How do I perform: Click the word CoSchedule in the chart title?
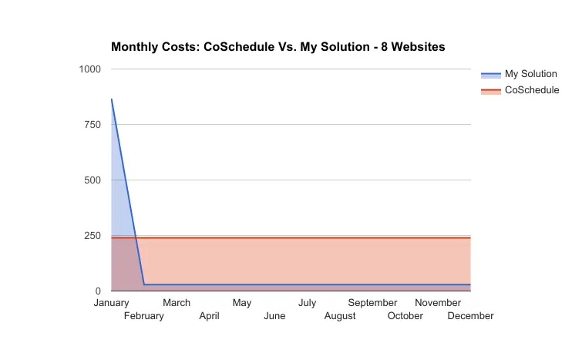point(239,47)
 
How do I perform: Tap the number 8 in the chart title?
point(384,47)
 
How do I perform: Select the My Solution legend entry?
point(519,74)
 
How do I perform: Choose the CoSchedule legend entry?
point(520,90)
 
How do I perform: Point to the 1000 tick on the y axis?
point(90,69)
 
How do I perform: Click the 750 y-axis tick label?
point(93,125)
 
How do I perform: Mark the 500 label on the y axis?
point(93,180)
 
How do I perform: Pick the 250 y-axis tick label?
point(93,236)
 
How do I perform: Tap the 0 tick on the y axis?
point(98,291)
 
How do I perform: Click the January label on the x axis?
point(111,303)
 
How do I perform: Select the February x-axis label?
point(144,316)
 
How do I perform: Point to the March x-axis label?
point(177,303)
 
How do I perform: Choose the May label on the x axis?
point(242,303)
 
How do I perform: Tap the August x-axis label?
point(340,316)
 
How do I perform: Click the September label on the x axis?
point(372,303)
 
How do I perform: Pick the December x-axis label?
point(471,316)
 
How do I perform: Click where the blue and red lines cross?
point(136,237)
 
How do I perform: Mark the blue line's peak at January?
point(111,99)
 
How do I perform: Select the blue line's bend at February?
point(144,284)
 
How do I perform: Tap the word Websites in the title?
point(418,47)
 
